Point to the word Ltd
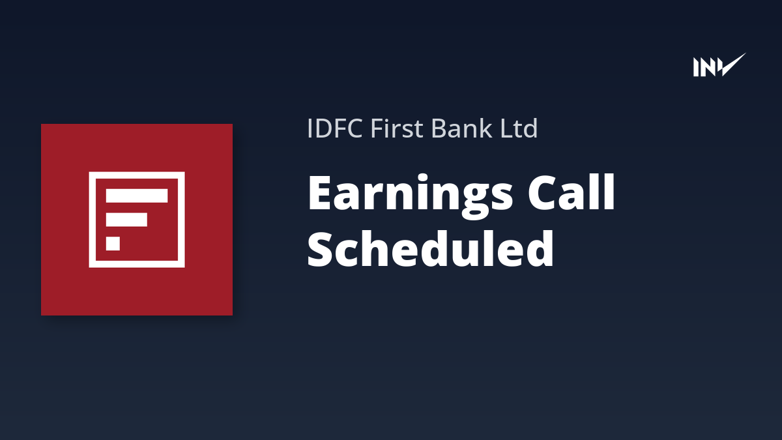(519, 128)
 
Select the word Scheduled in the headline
(431, 248)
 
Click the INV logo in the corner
(719, 65)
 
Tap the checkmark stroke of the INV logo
(732, 65)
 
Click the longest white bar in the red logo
(137, 196)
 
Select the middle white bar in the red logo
(126, 220)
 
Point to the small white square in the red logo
(113, 243)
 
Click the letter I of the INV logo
(696, 67)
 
